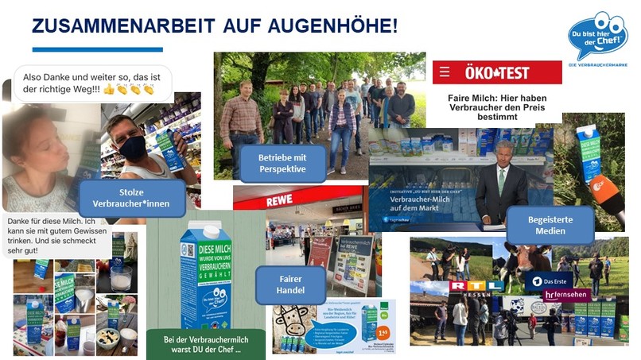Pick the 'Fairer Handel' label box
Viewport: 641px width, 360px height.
[x=290, y=285]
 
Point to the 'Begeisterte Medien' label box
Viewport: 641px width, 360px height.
[x=550, y=224]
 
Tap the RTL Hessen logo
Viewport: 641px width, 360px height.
[x=476, y=287]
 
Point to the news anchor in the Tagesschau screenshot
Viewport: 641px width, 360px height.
[x=500, y=183]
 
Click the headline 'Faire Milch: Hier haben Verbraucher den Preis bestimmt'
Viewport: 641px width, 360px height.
[x=488, y=106]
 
